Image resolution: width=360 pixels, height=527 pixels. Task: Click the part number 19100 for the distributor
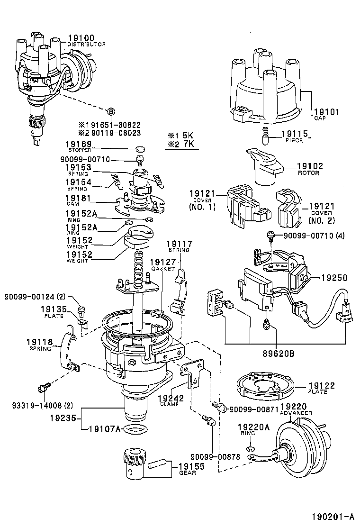(x=81, y=37)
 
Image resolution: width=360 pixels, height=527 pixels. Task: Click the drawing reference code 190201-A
(x=333, y=516)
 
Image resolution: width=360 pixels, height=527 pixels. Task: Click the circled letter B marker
(x=110, y=111)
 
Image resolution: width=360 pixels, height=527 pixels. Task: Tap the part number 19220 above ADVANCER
(x=294, y=406)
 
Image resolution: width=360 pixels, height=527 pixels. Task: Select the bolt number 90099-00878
(x=215, y=457)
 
